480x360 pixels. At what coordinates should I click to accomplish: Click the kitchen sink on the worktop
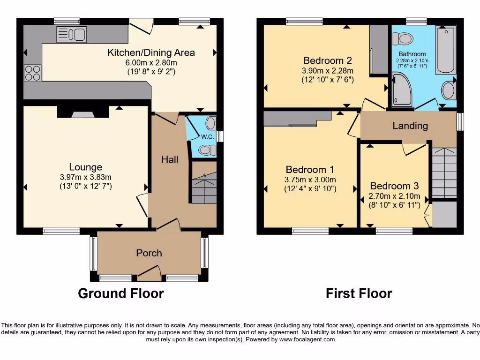71,34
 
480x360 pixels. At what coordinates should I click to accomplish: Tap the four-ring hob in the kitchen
32,73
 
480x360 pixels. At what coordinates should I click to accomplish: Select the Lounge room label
85,167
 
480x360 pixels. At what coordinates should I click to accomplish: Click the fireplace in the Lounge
83,112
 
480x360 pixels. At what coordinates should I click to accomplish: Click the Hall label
170,159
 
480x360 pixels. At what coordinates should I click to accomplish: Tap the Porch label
149,253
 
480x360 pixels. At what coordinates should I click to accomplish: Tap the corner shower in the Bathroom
403,90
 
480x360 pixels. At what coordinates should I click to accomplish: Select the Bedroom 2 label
327,60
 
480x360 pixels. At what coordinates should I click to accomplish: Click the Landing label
410,126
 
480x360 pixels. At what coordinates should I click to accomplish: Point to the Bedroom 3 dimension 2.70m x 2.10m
395,196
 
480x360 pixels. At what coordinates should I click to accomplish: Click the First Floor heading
359,294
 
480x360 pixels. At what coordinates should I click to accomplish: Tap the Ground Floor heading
120,294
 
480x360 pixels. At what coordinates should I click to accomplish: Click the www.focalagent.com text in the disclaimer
307,339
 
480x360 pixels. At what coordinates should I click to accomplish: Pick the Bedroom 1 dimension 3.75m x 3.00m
310,180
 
